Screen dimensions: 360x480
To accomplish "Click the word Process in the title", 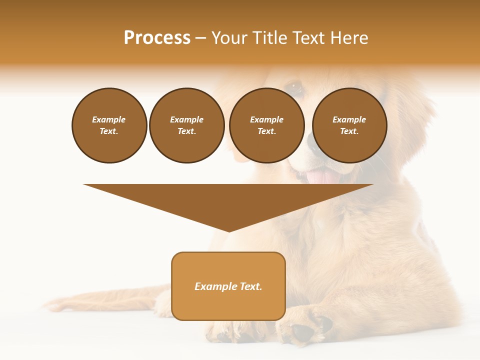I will tap(157, 38).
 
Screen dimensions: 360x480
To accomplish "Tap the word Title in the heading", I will tap(269, 38).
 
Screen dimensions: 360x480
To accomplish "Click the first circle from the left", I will tap(109, 125).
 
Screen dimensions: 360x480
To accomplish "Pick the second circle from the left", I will tap(186, 125).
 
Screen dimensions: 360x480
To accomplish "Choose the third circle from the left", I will tap(266, 125).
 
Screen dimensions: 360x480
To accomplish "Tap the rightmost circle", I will tap(349, 125).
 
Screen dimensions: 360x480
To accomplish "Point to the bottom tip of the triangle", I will tap(229, 230).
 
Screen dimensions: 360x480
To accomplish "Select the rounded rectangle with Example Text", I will tap(228, 286).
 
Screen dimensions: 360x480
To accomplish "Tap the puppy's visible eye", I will tap(295, 87).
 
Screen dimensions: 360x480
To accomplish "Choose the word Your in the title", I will tap(229, 38).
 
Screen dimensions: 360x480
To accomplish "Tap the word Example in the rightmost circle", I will tap(349, 119).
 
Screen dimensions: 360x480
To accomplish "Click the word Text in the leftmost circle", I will tap(109, 131).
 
